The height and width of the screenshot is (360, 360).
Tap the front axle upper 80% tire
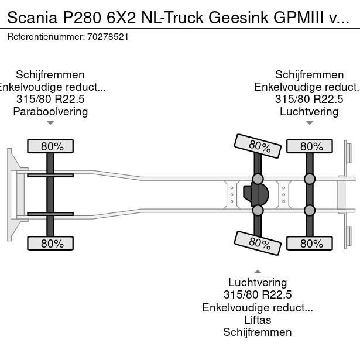[x=51, y=146]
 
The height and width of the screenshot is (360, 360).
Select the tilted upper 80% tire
[x=256, y=146]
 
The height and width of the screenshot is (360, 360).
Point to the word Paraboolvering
[x=50, y=111]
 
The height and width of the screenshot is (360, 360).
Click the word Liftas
[x=258, y=320]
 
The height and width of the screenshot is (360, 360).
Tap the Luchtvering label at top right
[x=309, y=111]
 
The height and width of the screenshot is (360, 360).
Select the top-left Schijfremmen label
[x=50, y=74]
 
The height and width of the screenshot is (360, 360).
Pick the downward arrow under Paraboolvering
[x=50, y=123]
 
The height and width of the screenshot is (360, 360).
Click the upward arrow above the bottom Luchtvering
[x=258, y=272]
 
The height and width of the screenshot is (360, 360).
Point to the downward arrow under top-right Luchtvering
[x=309, y=123]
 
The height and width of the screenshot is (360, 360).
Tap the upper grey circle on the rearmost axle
[x=309, y=179]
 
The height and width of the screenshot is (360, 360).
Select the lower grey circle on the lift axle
[x=258, y=210]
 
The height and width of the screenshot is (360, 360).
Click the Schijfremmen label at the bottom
[x=258, y=332]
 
